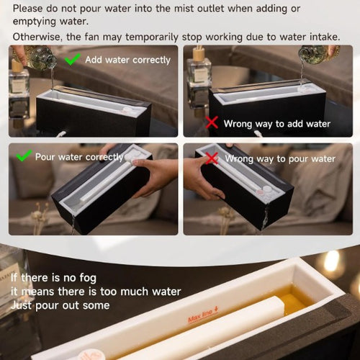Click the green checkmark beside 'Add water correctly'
click(72, 59)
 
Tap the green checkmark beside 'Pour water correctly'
click(24, 156)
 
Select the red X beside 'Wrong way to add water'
click(212, 122)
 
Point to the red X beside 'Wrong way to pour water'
click(212, 158)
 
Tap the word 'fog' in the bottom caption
click(88, 279)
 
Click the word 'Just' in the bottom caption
click(21, 305)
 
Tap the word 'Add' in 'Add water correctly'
click(94, 60)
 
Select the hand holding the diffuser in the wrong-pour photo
click(203, 178)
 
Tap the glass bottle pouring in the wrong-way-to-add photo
click(318, 55)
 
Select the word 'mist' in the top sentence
click(184, 9)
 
